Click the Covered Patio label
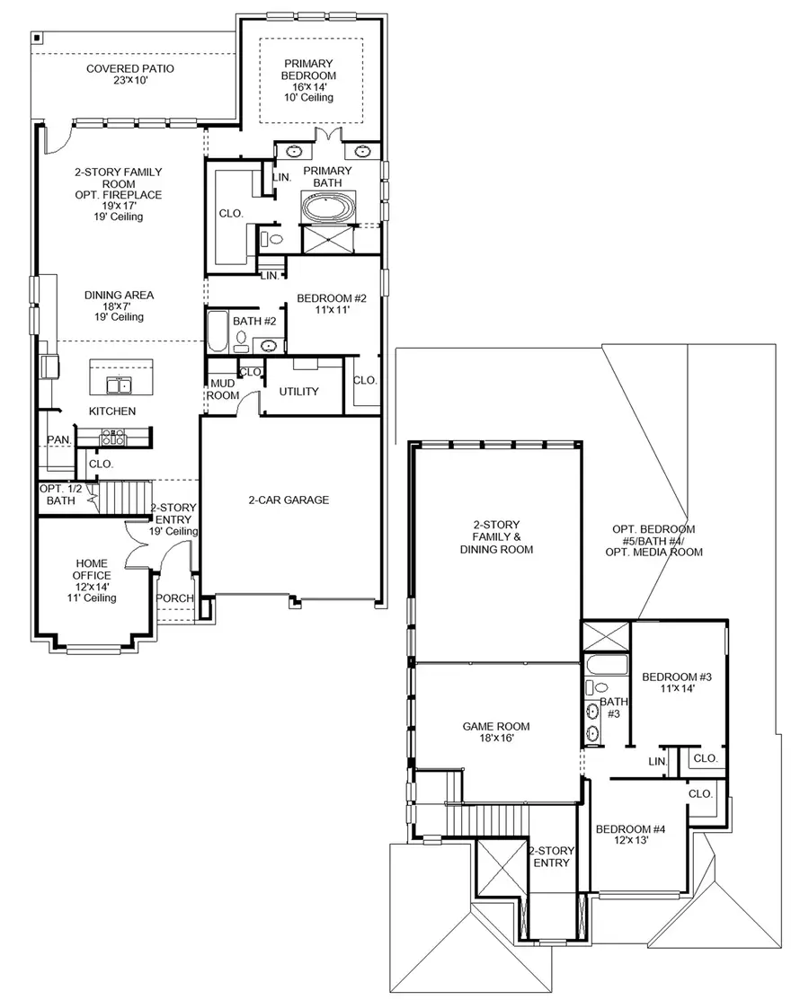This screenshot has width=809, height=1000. point(130,69)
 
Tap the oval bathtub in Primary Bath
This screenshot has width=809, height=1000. point(329,208)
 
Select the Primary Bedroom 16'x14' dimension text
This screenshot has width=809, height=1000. point(309,87)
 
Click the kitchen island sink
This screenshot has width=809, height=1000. point(119,385)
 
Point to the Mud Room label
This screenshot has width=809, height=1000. point(222,388)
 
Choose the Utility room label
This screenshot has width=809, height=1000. point(299,392)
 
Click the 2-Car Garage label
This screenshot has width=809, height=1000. point(289,500)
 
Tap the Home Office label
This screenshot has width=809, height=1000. point(93,570)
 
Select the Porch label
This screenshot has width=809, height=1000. point(174,598)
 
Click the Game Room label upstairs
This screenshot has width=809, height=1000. point(496,727)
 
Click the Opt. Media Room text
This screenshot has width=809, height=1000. point(659,553)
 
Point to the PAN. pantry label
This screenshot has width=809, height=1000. point(59,439)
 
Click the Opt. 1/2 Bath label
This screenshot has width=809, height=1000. point(61,494)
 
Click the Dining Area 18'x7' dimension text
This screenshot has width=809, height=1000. point(120,305)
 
